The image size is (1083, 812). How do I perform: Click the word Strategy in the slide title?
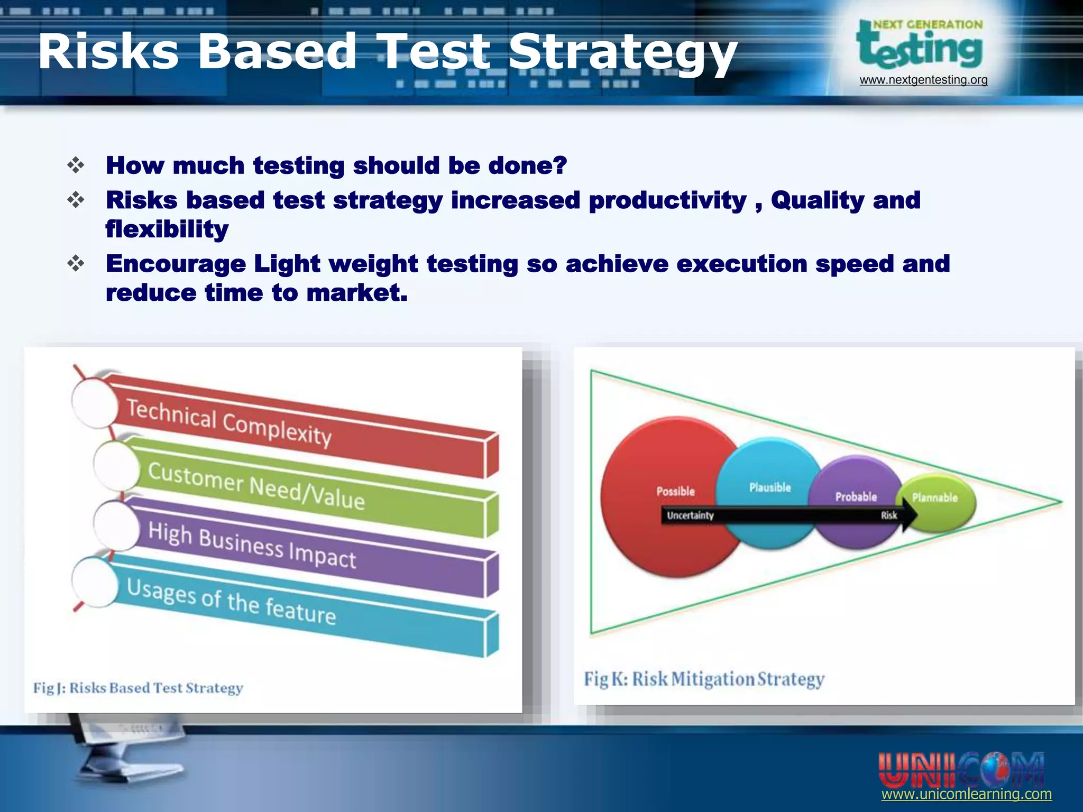[x=622, y=53]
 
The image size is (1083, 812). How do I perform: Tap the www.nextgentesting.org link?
[x=923, y=80]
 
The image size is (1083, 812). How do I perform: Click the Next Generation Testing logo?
[x=920, y=47]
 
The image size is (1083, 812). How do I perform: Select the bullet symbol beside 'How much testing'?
[x=76, y=165]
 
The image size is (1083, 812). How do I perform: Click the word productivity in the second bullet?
[x=667, y=201]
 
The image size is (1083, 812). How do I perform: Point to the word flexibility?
[x=167, y=230]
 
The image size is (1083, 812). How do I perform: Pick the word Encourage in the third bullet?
[x=176, y=264]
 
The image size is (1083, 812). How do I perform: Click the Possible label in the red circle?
[x=675, y=491]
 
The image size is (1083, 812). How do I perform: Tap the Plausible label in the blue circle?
[x=770, y=487]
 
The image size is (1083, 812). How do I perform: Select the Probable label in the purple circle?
[x=856, y=496]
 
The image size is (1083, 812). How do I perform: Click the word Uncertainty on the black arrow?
[x=690, y=515]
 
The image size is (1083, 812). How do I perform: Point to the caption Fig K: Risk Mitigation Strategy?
[x=704, y=679]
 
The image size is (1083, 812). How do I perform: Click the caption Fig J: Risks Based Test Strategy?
[x=138, y=688]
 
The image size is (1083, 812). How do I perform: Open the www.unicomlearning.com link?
[x=966, y=794]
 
